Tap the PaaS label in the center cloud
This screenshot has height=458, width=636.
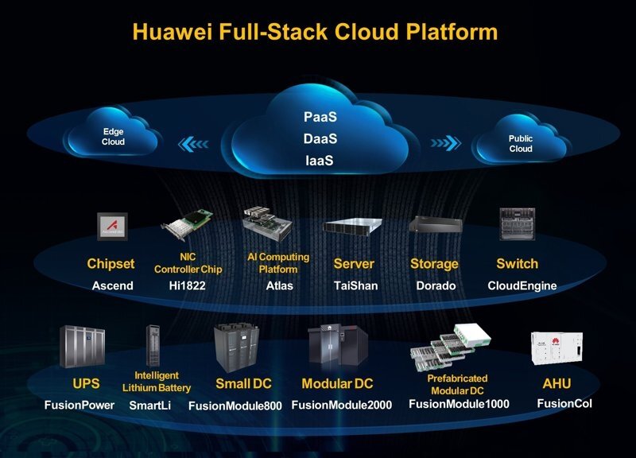click(320, 118)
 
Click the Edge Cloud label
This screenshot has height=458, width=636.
click(114, 137)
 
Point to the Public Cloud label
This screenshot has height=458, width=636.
click(521, 143)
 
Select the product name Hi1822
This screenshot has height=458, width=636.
click(188, 285)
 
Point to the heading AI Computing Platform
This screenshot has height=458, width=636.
click(277, 263)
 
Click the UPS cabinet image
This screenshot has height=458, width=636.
click(82, 347)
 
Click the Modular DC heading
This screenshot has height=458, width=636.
click(337, 384)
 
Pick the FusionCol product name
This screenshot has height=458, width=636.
click(564, 403)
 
